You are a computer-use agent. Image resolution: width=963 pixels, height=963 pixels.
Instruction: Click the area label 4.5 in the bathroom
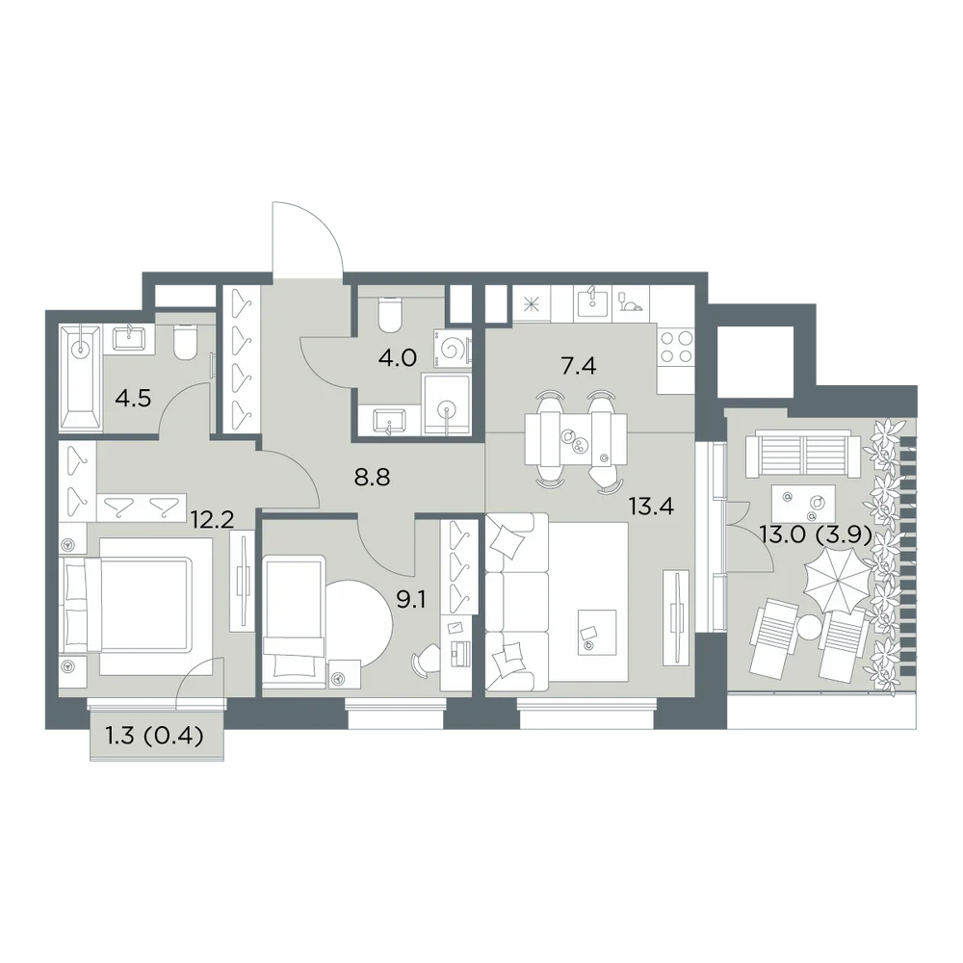(x=133, y=399)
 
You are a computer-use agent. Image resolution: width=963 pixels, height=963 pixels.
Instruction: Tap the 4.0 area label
(x=398, y=357)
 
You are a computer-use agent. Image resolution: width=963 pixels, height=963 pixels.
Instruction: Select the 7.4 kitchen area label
(x=579, y=367)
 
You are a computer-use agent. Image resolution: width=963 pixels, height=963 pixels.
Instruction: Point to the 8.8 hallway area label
(x=372, y=478)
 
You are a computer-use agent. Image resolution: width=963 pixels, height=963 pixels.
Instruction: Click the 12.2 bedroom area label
(x=212, y=521)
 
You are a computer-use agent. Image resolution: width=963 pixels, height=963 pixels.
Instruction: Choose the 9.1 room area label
(x=411, y=599)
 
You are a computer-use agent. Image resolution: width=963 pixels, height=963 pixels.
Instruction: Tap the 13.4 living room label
(x=651, y=507)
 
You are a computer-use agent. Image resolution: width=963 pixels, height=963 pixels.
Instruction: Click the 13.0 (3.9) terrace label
(x=816, y=535)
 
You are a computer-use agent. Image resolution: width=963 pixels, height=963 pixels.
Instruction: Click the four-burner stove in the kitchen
(x=676, y=348)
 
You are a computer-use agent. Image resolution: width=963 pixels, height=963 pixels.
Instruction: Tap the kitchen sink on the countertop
(x=592, y=302)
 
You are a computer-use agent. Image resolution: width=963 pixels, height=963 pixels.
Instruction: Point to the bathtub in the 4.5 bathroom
(x=80, y=378)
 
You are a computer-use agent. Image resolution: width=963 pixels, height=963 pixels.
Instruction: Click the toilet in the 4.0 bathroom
(x=390, y=313)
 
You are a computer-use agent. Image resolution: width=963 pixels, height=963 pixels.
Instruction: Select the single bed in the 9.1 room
(x=294, y=624)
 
